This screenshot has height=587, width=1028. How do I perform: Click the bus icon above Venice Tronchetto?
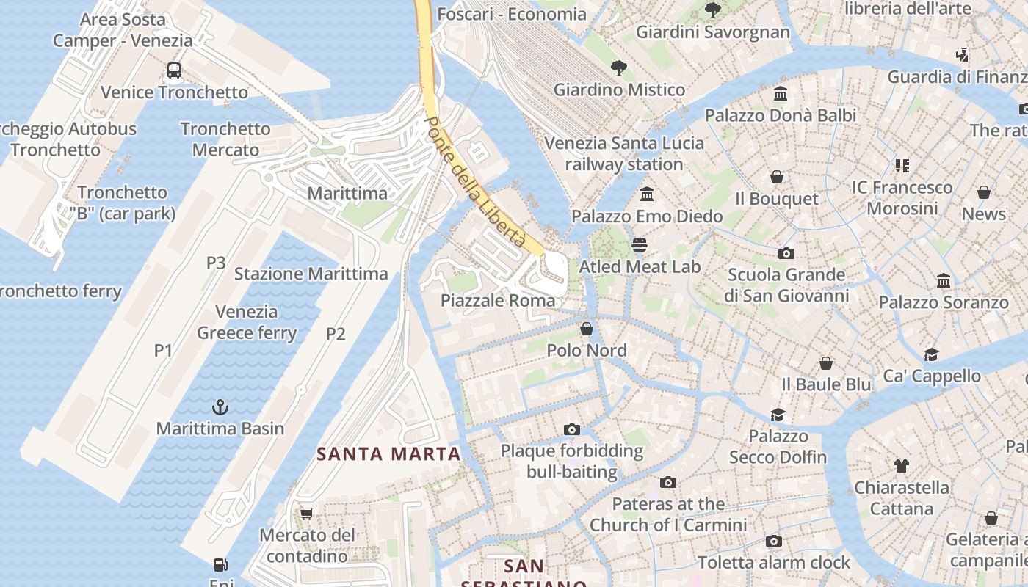pyautogui.click(x=173, y=70)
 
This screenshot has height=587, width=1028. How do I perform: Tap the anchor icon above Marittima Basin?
pyautogui.click(x=220, y=406)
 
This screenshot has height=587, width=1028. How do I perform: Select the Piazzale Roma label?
pyautogui.click(x=498, y=300)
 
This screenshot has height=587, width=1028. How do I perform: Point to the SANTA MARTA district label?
pyautogui.click(x=388, y=453)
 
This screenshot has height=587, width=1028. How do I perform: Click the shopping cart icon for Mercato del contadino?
pyautogui.click(x=306, y=514)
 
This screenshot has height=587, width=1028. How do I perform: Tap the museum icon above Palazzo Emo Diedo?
pyautogui.click(x=647, y=194)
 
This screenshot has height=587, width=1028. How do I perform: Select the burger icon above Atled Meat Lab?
pyautogui.click(x=640, y=244)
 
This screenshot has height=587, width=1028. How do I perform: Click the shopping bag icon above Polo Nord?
pyautogui.click(x=586, y=329)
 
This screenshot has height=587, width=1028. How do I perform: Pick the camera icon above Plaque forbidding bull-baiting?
pyautogui.click(x=571, y=429)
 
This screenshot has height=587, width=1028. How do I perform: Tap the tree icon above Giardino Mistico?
pyautogui.click(x=619, y=68)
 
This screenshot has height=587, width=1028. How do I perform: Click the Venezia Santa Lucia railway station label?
pyautogui.click(x=624, y=153)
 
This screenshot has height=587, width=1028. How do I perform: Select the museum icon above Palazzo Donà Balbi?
pyautogui.click(x=781, y=94)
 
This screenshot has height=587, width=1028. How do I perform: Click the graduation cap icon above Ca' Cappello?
pyautogui.click(x=931, y=354)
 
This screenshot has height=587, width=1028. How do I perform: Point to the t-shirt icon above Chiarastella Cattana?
pyautogui.click(x=901, y=465)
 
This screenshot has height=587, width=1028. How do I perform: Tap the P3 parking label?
pyautogui.click(x=216, y=262)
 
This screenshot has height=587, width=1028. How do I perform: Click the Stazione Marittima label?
pyautogui.click(x=311, y=274)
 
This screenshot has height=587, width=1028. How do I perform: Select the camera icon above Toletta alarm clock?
pyautogui.click(x=773, y=541)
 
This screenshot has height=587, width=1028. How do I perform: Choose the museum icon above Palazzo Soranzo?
pyautogui.click(x=944, y=280)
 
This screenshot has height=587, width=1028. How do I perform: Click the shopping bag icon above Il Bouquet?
pyautogui.click(x=777, y=177)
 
